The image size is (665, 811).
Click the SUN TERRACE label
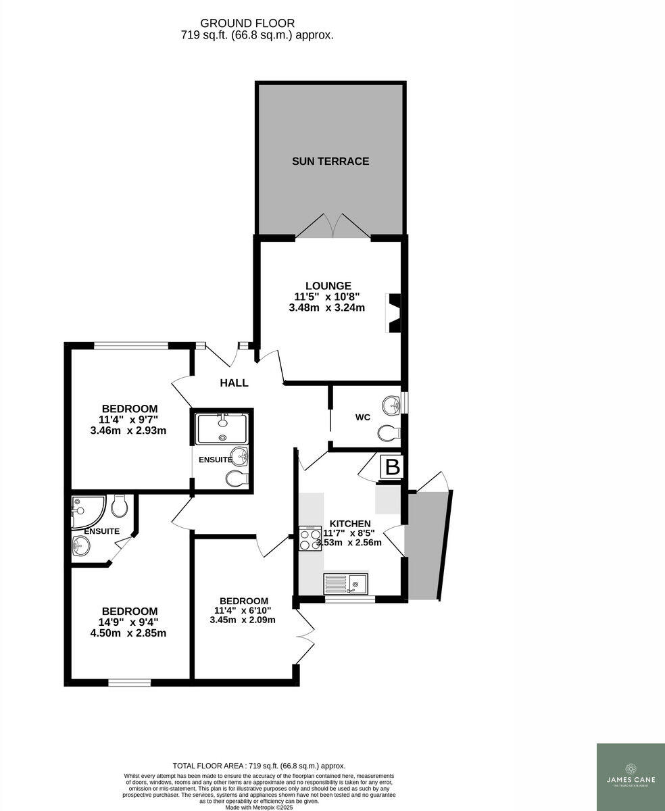point(330,161)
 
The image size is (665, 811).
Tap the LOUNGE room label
point(328,286)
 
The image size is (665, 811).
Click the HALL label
point(234,383)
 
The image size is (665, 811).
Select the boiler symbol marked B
point(393,467)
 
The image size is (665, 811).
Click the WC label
point(363,417)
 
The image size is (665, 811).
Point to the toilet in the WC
point(390,432)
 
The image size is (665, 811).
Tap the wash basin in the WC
point(391,405)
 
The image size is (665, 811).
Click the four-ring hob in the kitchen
point(310,539)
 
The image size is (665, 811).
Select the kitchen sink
point(345,583)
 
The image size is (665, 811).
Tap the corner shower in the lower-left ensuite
point(87,511)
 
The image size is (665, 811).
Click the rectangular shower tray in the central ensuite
point(222,428)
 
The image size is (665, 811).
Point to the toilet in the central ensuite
point(236,479)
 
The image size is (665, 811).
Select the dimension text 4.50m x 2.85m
point(128,633)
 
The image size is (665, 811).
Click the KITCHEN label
point(349,523)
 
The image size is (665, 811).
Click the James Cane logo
point(630,776)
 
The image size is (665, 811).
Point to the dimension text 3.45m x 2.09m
point(243,620)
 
